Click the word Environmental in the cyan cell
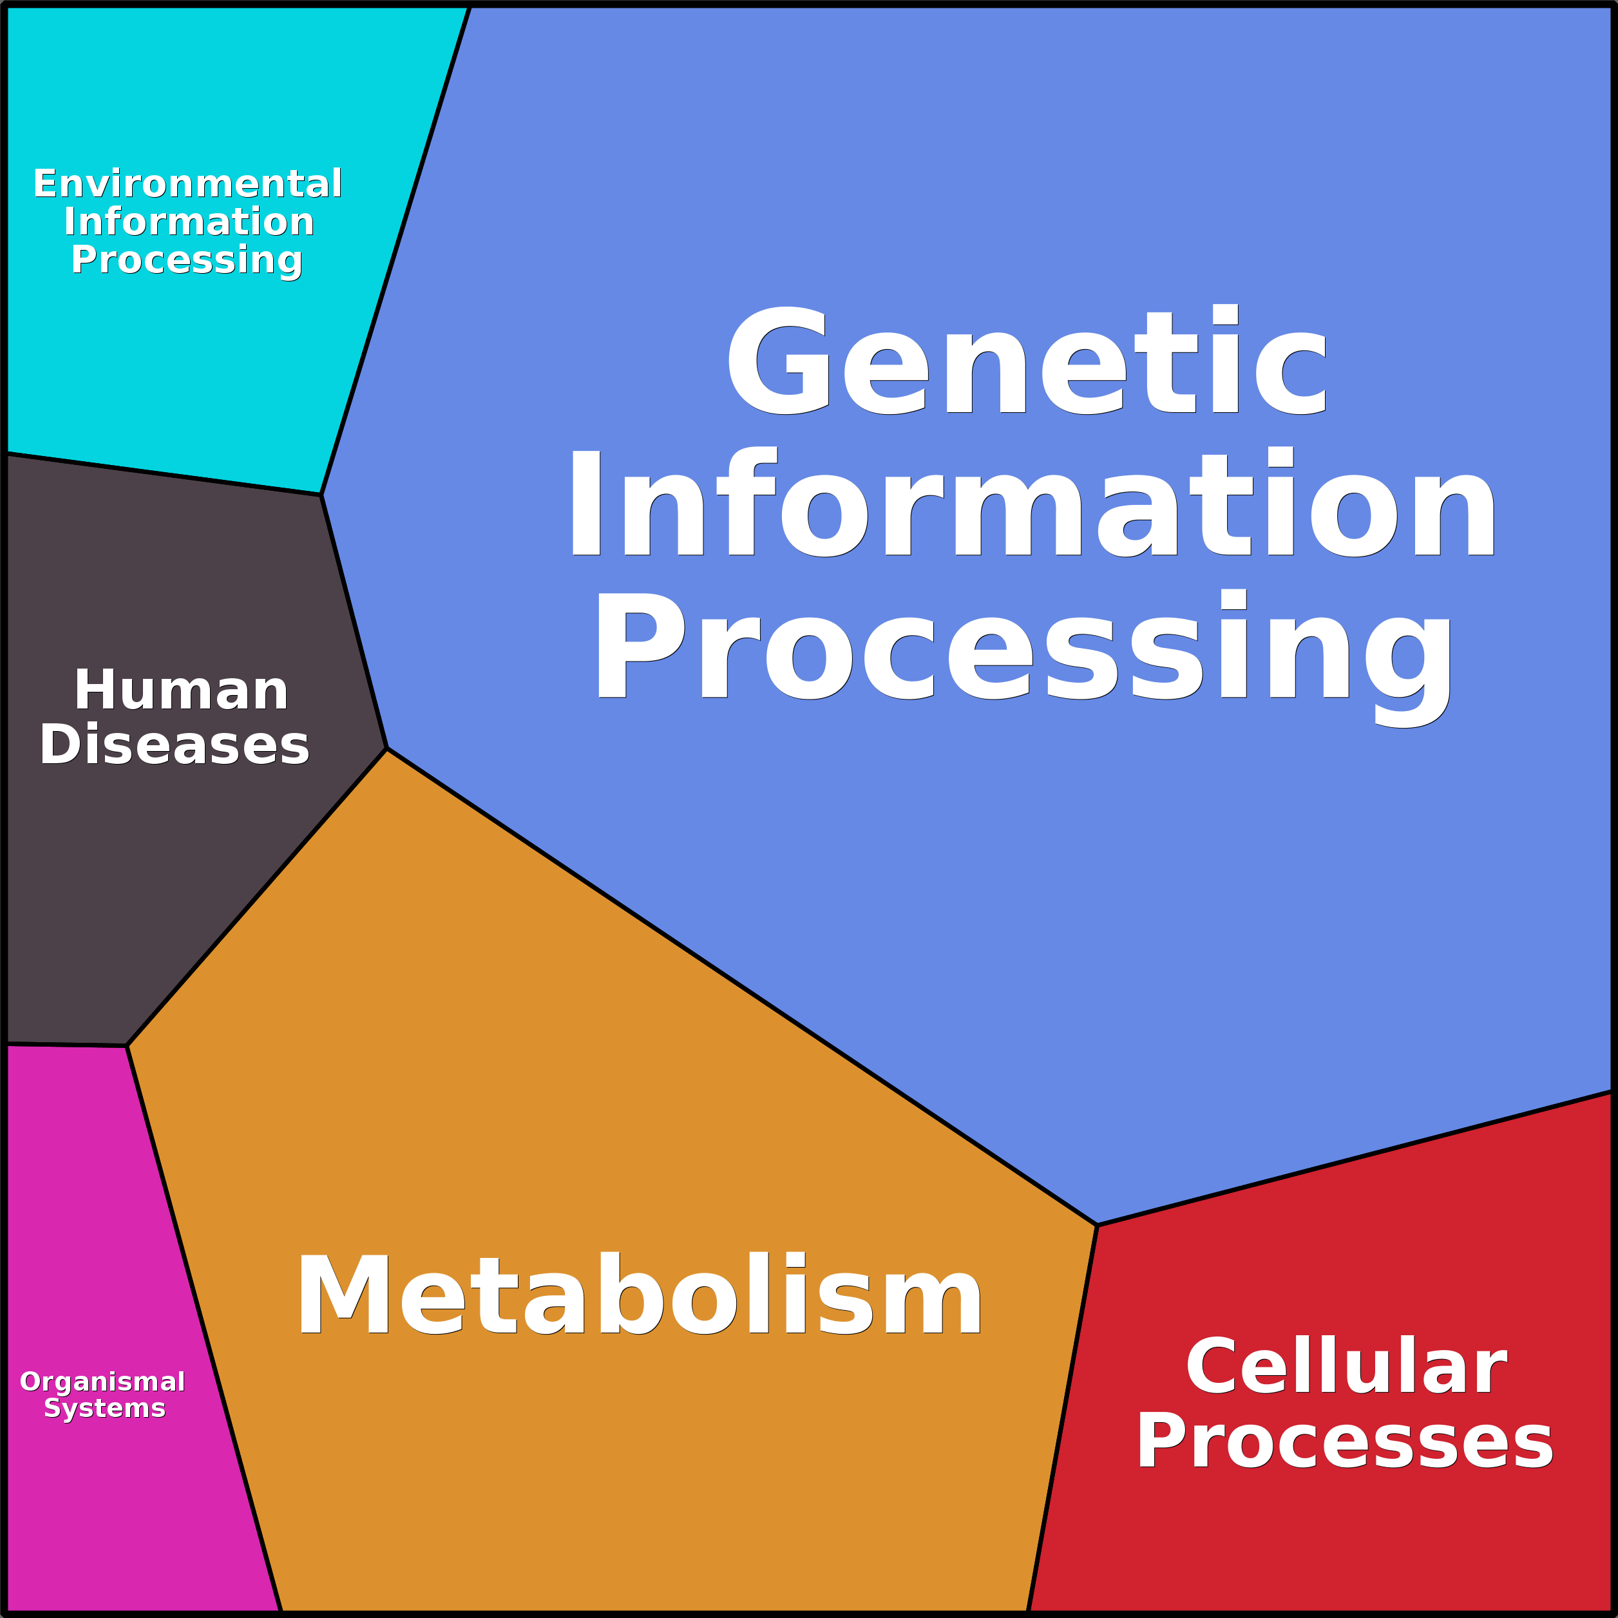(187, 184)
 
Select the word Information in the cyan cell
(189, 222)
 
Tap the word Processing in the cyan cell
(186, 260)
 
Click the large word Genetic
(1027, 361)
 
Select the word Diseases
(174, 745)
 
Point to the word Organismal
(102, 1382)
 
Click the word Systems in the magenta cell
(105, 1408)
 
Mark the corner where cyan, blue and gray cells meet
(321, 495)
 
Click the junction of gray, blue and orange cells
(387, 748)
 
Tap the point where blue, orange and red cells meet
(1097, 1225)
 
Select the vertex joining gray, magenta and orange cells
(126, 1046)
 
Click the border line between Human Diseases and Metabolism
(256, 898)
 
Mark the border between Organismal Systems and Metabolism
(204, 1328)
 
